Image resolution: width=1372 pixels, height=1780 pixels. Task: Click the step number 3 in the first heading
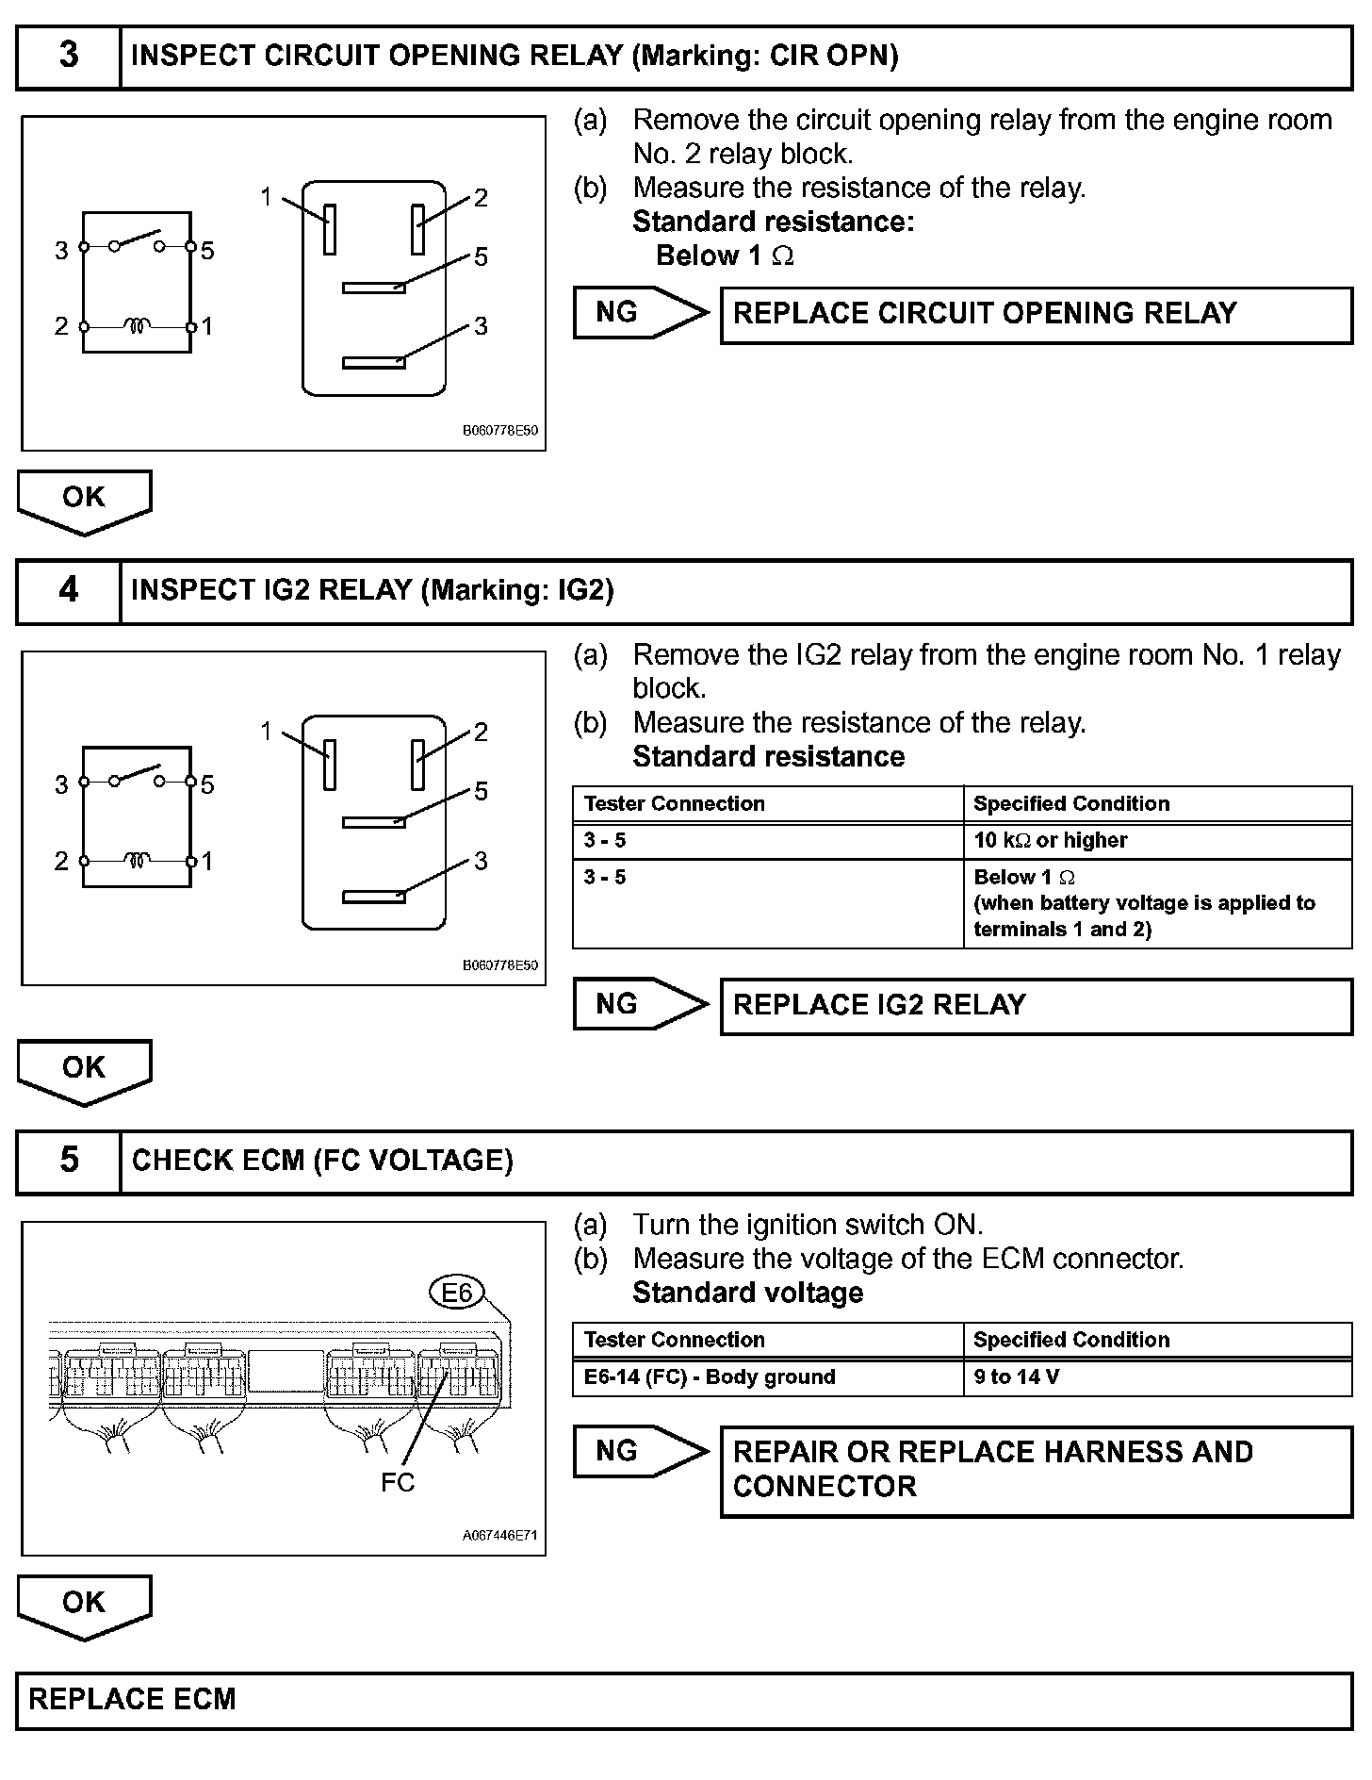pyautogui.click(x=69, y=56)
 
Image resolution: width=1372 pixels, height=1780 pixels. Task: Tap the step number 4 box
pyautogui.click(x=69, y=591)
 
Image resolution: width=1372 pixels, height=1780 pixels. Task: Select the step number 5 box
pyautogui.click(x=69, y=1161)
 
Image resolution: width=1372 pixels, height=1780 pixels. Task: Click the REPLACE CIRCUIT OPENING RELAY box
pyautogui.click(x=1036, y=315)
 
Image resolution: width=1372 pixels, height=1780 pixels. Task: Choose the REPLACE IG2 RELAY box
pyautogui.click(x=1036, y=1006)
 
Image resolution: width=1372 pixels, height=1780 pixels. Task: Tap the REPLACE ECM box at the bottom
pyautogui.click(x=684, y=1700)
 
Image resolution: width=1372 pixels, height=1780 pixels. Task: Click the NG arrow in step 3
pyautogui.click(x=640, y=313)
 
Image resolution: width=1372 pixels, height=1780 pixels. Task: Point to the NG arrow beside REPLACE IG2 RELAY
pyautogui.click(x=640, y=1004)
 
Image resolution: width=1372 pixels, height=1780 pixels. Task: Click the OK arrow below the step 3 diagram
pyautogui.click(x=84, y=500)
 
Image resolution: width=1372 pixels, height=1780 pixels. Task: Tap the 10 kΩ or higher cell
pyautogui.click(x=1157, y=840)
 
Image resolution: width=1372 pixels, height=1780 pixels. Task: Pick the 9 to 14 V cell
pyautogui.click(x=1157, y=1377)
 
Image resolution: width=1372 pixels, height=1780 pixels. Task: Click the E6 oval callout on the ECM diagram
pyautogui.click(x=456, y=1292)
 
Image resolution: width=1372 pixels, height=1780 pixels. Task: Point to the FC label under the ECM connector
pyautogui.click(x=398, y=1483)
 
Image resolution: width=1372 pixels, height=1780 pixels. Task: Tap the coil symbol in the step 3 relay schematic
pyautogui.click(x=138, y=327)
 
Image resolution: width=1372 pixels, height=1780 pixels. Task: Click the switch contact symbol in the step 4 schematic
pyautogui.click(x=138, y=776)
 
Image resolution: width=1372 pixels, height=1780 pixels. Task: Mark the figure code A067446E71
pyautogui.click(x=499, y=1536)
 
